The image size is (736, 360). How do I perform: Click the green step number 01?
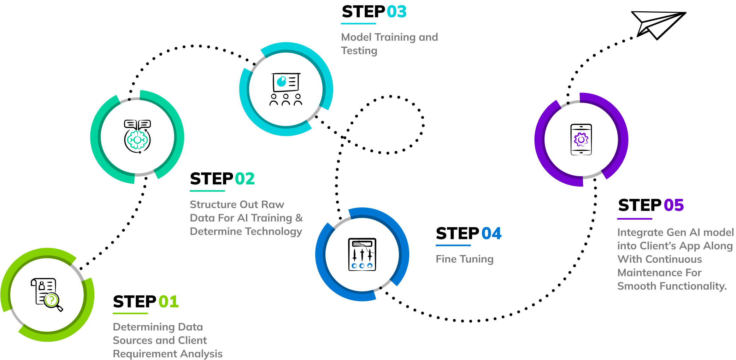(169, 302)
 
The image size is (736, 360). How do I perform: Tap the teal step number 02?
(245, 179)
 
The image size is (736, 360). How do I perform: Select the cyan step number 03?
(396, 12)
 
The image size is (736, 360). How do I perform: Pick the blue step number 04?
(491, 234)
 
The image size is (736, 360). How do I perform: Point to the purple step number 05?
(673, 205)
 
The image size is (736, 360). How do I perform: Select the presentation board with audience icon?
(286, 89)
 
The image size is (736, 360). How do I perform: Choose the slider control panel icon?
(362, 254)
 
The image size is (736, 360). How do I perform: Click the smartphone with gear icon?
(581, 140)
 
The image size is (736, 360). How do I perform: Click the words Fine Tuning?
(464, 259)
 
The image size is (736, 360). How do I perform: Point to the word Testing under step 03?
(359, 51)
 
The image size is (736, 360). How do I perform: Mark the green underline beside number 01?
(130, 313)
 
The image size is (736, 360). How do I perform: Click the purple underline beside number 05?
(635, 219)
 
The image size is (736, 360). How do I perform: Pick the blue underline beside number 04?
(453, 245)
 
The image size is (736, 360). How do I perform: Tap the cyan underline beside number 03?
(358, 24)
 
